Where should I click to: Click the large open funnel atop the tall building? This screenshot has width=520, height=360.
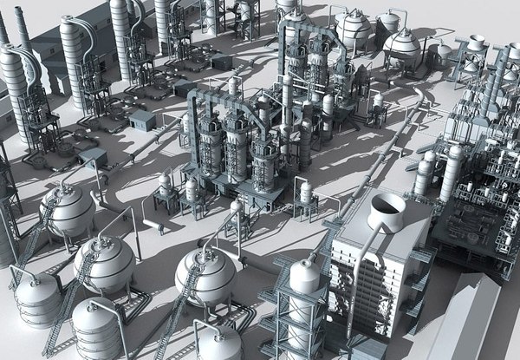pos(387,209)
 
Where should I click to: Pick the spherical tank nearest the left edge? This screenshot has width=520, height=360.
pos(67,209)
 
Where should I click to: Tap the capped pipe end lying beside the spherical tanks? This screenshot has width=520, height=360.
pos(157,227)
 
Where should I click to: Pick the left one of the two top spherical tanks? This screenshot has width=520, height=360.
pos(354,29)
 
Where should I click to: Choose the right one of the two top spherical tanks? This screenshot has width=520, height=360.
pos(401,46)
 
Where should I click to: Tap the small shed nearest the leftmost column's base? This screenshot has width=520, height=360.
pos(92,157)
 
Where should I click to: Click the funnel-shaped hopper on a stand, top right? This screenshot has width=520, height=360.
pos(476,43)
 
